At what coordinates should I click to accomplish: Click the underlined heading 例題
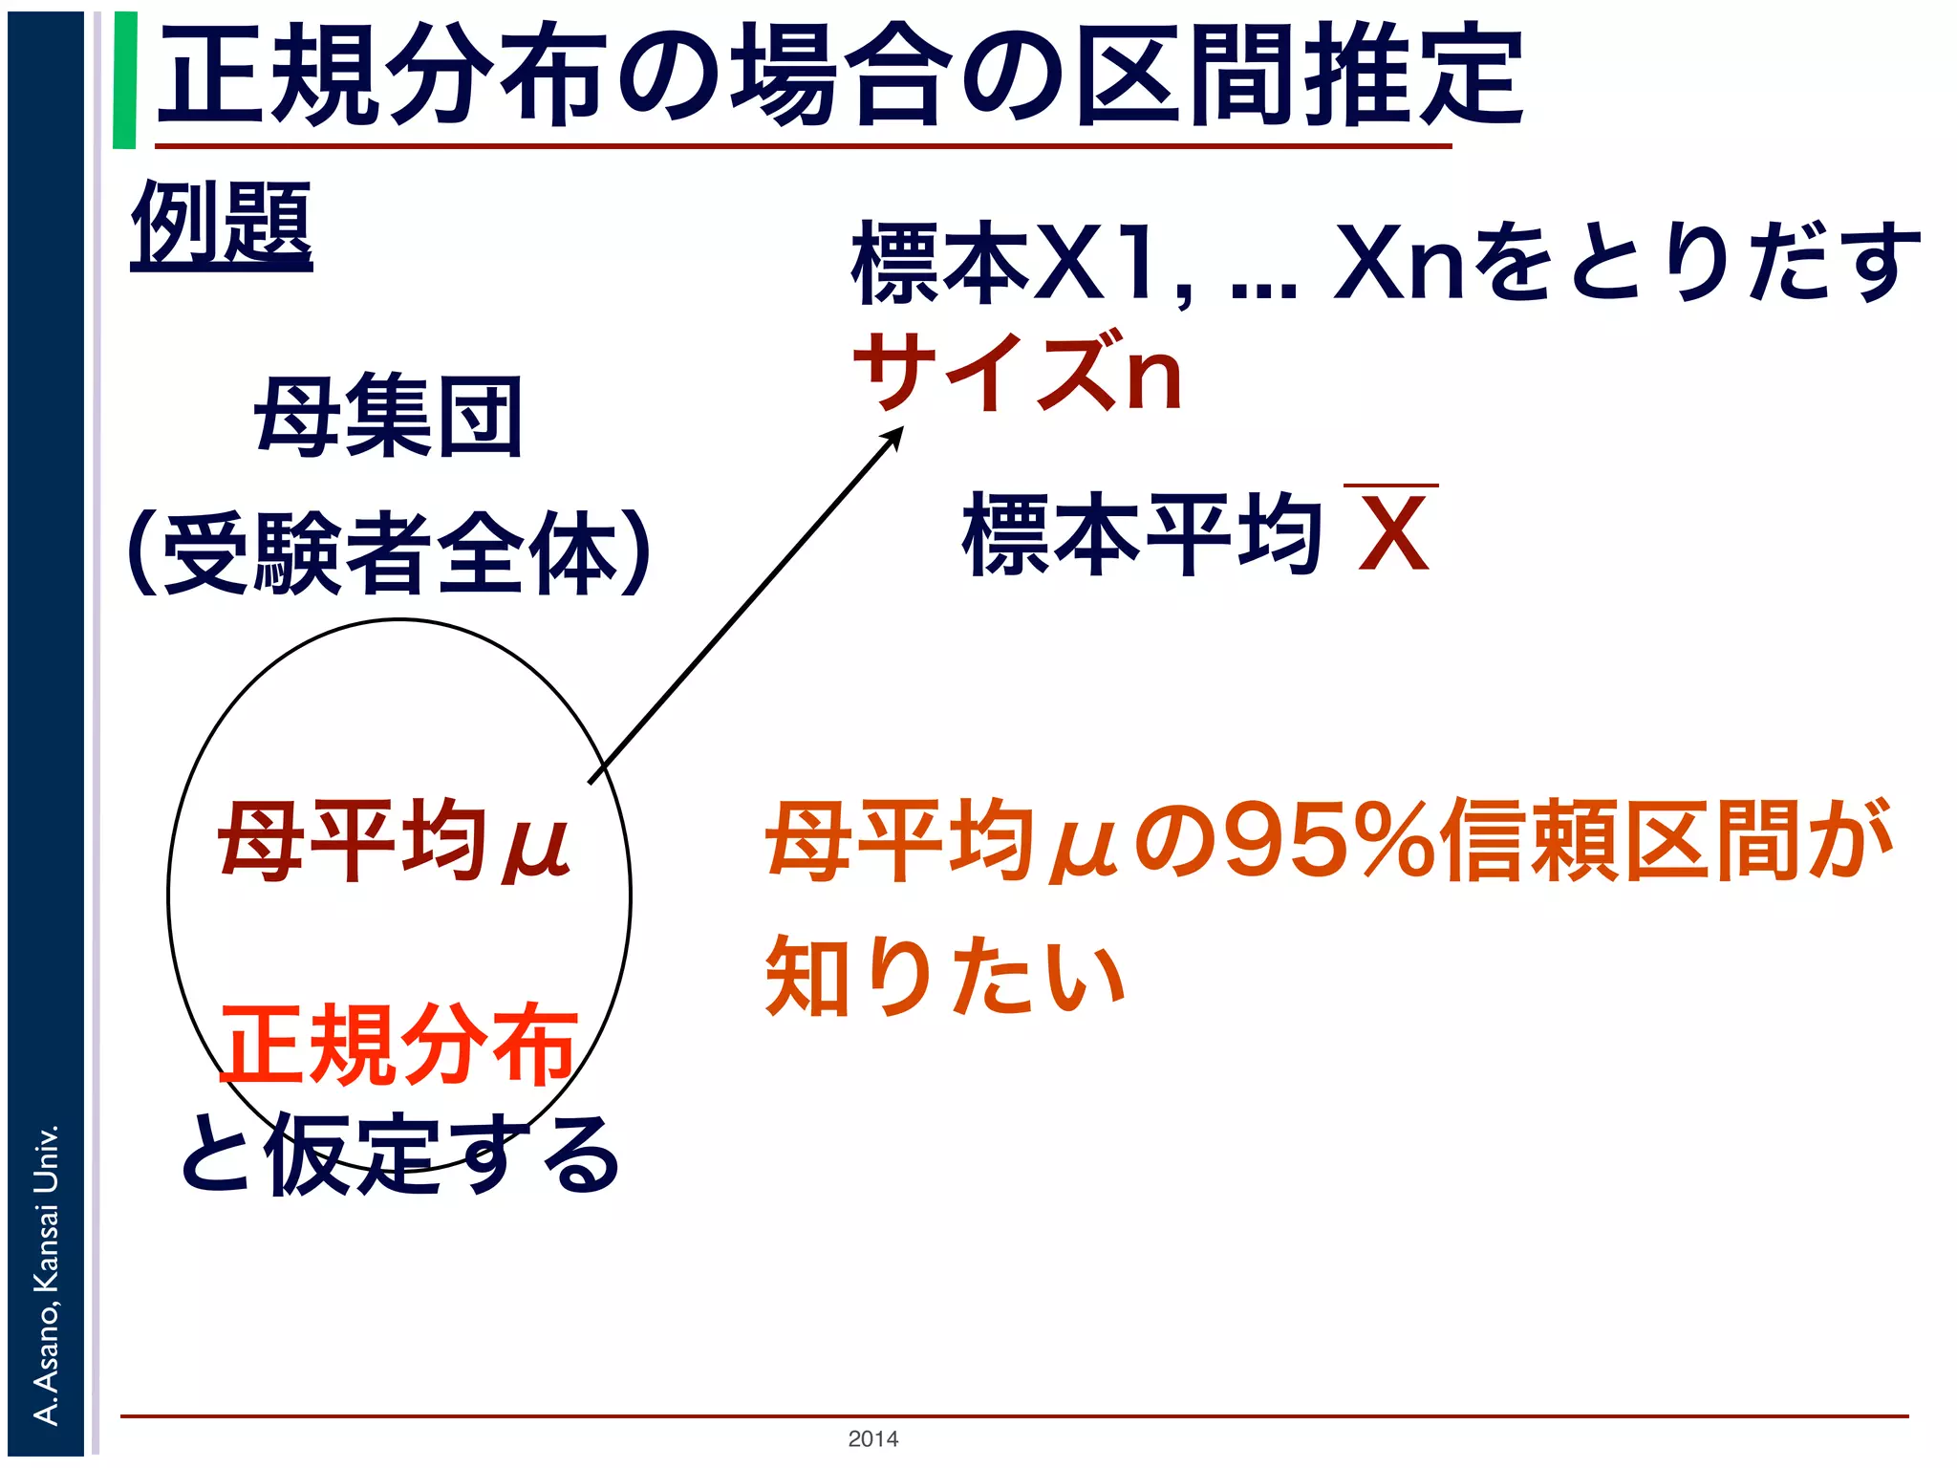click(222, 226)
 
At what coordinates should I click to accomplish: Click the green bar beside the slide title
click(124, 80)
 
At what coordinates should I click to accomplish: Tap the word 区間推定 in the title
click(1300, 76)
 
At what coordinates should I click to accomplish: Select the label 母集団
click(389, 417)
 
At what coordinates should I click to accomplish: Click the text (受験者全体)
click(389, 552)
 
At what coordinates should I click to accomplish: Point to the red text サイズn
click(1019, 373)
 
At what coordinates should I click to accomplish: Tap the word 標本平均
click(1143, 535)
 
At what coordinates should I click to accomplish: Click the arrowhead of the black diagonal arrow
click(894, 436)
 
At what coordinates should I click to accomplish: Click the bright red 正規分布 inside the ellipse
click(399, 1044)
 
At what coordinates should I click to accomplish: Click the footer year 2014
click(872, 1438)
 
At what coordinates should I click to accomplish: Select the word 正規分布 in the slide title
click(382, 76)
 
